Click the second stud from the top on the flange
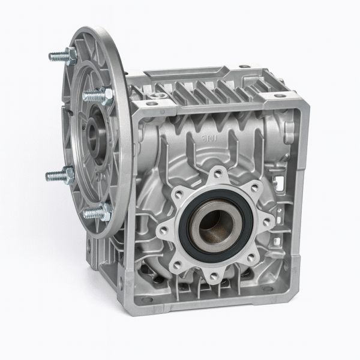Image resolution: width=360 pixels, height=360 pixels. pyautogui.click(x=93, y=95)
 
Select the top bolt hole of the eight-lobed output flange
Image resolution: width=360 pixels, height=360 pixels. pyautogui.click(x=217, y=175)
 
